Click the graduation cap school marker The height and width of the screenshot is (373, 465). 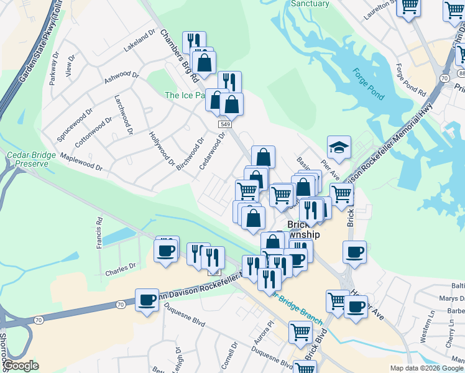click(x=339, y=148)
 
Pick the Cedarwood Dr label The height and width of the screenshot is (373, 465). click(x=211, y=153)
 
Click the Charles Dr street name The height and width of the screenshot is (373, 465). click(x=120, y=269)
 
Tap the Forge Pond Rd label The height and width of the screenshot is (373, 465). click(x=411, y=80)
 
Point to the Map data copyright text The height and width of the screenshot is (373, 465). click(x=426, y=368)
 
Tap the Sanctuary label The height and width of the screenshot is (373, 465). click(x=310, y=4)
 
